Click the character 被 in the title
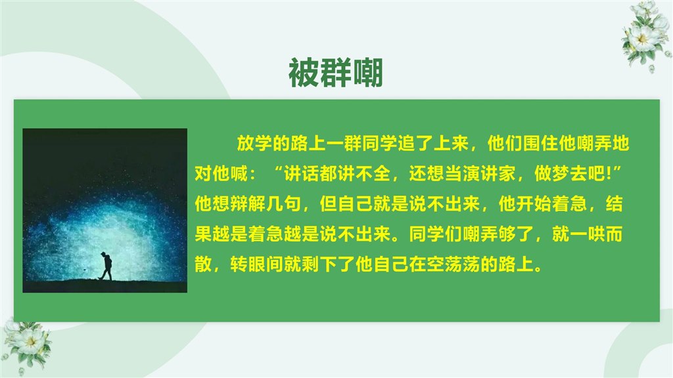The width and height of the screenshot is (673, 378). coord(304,72)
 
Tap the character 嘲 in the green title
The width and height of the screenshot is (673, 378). coord(367,72)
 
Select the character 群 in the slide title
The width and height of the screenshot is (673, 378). coord(336,72)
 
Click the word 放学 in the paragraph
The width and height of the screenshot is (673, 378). coord(254,143)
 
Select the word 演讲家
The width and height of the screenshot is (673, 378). coord(489,173)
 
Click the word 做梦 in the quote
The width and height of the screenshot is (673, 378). coord(551,173)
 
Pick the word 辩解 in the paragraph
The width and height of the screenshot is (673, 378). coord(248,204)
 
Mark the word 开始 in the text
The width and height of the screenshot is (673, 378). coord(534,204)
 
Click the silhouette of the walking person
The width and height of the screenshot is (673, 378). coord(106,266)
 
